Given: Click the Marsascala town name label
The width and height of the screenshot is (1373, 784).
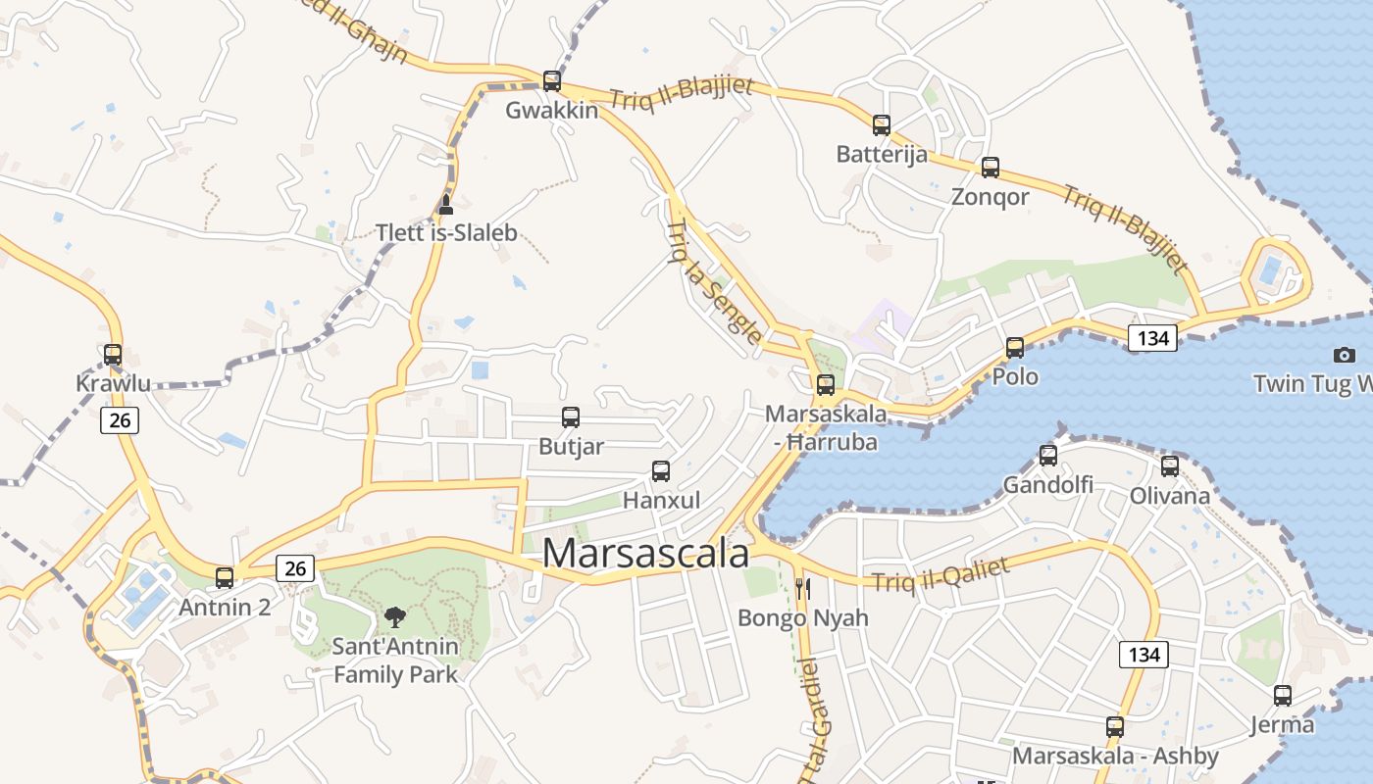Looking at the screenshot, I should point(645,554).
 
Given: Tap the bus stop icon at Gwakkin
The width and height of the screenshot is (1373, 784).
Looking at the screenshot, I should point(552,81).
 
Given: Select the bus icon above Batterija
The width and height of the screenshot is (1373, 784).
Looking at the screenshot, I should point(882,125).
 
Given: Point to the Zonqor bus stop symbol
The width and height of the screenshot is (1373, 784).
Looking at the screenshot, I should point(991,168).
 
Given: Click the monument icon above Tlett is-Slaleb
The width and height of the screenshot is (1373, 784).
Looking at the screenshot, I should point(446,204).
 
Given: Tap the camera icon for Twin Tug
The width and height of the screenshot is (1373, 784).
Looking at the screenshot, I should point(1345,355).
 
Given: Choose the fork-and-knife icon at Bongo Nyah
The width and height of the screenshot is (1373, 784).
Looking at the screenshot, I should point(803,589).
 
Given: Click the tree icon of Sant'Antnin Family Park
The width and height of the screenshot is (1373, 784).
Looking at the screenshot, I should point(395,617).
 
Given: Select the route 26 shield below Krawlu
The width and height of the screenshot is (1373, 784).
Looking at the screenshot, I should point(120,420).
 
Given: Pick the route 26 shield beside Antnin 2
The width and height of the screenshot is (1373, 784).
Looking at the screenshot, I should point(295,567).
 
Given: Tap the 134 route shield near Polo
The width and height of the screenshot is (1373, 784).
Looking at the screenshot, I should point(1152,338).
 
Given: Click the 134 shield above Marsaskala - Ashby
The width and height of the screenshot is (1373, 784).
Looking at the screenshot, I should point(1144,654).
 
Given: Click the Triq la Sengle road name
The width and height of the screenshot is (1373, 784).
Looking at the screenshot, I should point(714,282).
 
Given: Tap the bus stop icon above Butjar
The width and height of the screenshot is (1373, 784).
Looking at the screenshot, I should point(571,417).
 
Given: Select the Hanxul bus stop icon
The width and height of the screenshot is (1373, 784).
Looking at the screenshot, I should point(661,471).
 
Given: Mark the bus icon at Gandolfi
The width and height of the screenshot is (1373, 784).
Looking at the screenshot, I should point(1048,456).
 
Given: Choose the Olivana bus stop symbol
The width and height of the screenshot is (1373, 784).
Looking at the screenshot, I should point(1170,466).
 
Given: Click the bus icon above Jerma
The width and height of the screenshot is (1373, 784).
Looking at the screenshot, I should point(1283,696).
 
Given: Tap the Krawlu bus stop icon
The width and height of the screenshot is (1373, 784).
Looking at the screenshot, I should point(113,355).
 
